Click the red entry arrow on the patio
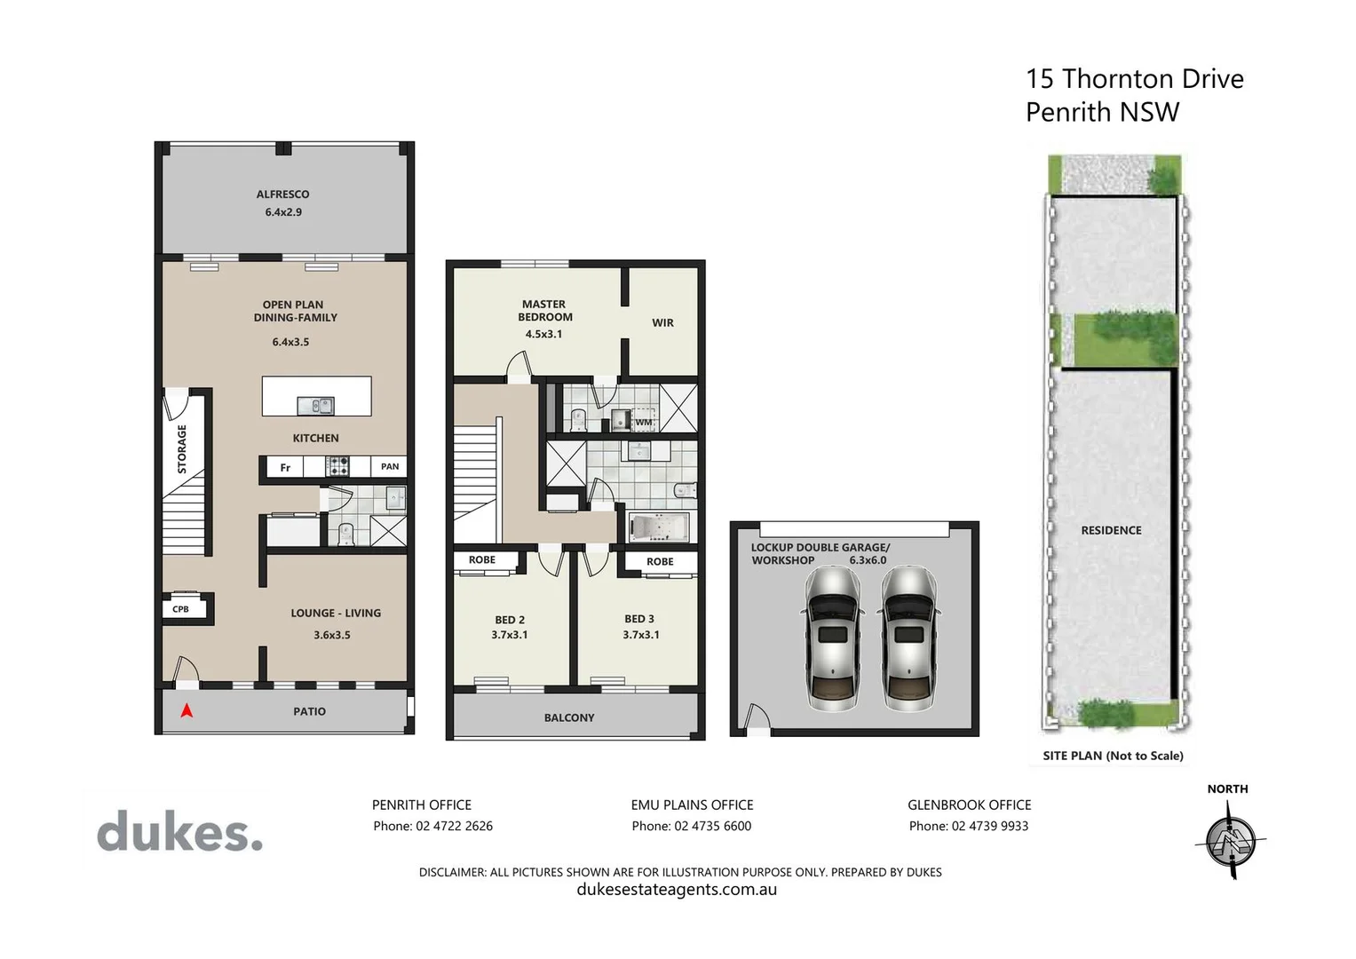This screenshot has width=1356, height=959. (x=186, y=710)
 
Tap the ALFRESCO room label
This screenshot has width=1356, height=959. (x=282, y=194)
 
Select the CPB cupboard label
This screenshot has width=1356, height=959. (x=180, y=609)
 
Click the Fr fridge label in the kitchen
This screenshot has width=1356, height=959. (x=285, y=468)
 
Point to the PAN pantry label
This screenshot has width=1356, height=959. (x=390, y=466)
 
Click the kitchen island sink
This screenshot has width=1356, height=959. (x=315, y=406)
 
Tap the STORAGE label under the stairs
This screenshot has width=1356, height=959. (x=182, y=448)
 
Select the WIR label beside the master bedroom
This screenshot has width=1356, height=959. (x=662, y=323)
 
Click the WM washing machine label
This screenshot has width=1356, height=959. (x=643, y=422)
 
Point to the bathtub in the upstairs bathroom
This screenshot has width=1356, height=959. (x=657, y=527)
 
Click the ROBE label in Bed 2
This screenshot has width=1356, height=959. (x=482, y=559)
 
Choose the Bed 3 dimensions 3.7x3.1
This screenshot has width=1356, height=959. (x=640, y=635)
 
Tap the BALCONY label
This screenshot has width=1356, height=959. (x=569, y=717)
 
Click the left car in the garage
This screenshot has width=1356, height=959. (x=832, y=638)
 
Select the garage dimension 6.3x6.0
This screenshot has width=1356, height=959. (x=868, y=560)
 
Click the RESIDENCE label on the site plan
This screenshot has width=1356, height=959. (x=1111, y=530)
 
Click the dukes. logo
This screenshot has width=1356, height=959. (x=180, y=833)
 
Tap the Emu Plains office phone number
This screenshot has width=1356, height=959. (x=691, y=826)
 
